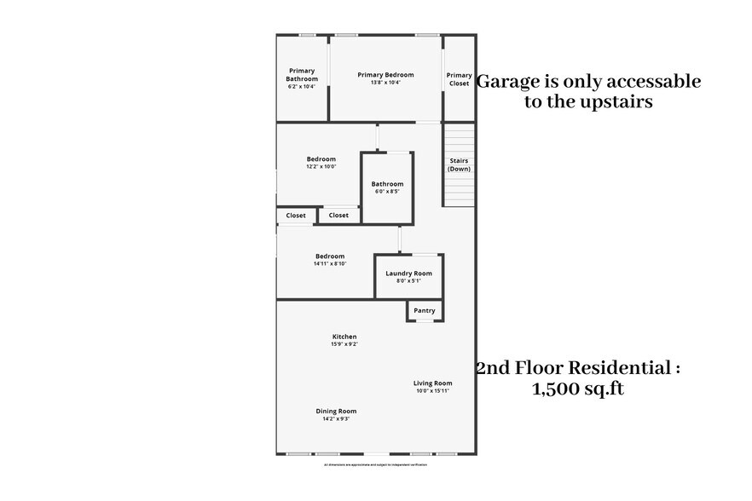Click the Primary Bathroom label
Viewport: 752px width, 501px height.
tap(302, 75)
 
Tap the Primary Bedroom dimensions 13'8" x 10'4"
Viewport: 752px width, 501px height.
tap(385, 83)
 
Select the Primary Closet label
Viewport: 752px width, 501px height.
tap(459, 79)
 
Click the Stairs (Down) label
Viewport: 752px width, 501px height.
tap(459, 164)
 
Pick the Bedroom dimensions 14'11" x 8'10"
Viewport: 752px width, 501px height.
tap(330, 264)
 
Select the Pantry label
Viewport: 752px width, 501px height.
tap(425, 311)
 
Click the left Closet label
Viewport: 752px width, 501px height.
tap(296, 216)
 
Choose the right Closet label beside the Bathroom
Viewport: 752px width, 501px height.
tap(338, 216)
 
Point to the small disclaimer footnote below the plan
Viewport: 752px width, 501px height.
tap(376, 464)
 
